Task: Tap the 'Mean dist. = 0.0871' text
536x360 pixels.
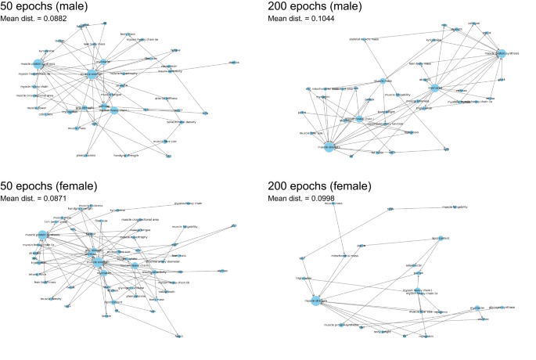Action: pos(31,199)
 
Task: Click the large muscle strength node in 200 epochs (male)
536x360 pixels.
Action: pos(329,148)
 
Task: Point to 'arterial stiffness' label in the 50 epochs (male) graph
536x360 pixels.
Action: pos(166,98)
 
